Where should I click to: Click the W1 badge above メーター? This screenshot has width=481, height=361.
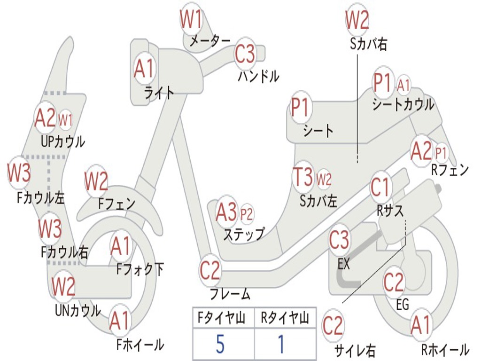coord(192,20)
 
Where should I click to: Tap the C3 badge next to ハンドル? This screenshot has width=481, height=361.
coord(245,54)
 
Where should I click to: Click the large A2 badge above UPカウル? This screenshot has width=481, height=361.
coord(46,119)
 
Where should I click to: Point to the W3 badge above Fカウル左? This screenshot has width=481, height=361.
coord(19,173)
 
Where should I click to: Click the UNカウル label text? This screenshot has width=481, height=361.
coord(78,310)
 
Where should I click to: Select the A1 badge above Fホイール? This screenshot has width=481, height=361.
coord(119,322)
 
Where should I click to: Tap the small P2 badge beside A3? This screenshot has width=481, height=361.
coord(247,214)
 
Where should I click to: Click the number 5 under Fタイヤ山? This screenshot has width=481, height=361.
coord(220,344)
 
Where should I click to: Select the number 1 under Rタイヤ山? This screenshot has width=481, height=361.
coord(281,344)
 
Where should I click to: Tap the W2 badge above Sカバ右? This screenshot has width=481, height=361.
coord(357,20)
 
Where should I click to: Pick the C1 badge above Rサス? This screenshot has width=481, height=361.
coord(381,188)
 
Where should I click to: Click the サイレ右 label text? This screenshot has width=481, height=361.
coord(355,350)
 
